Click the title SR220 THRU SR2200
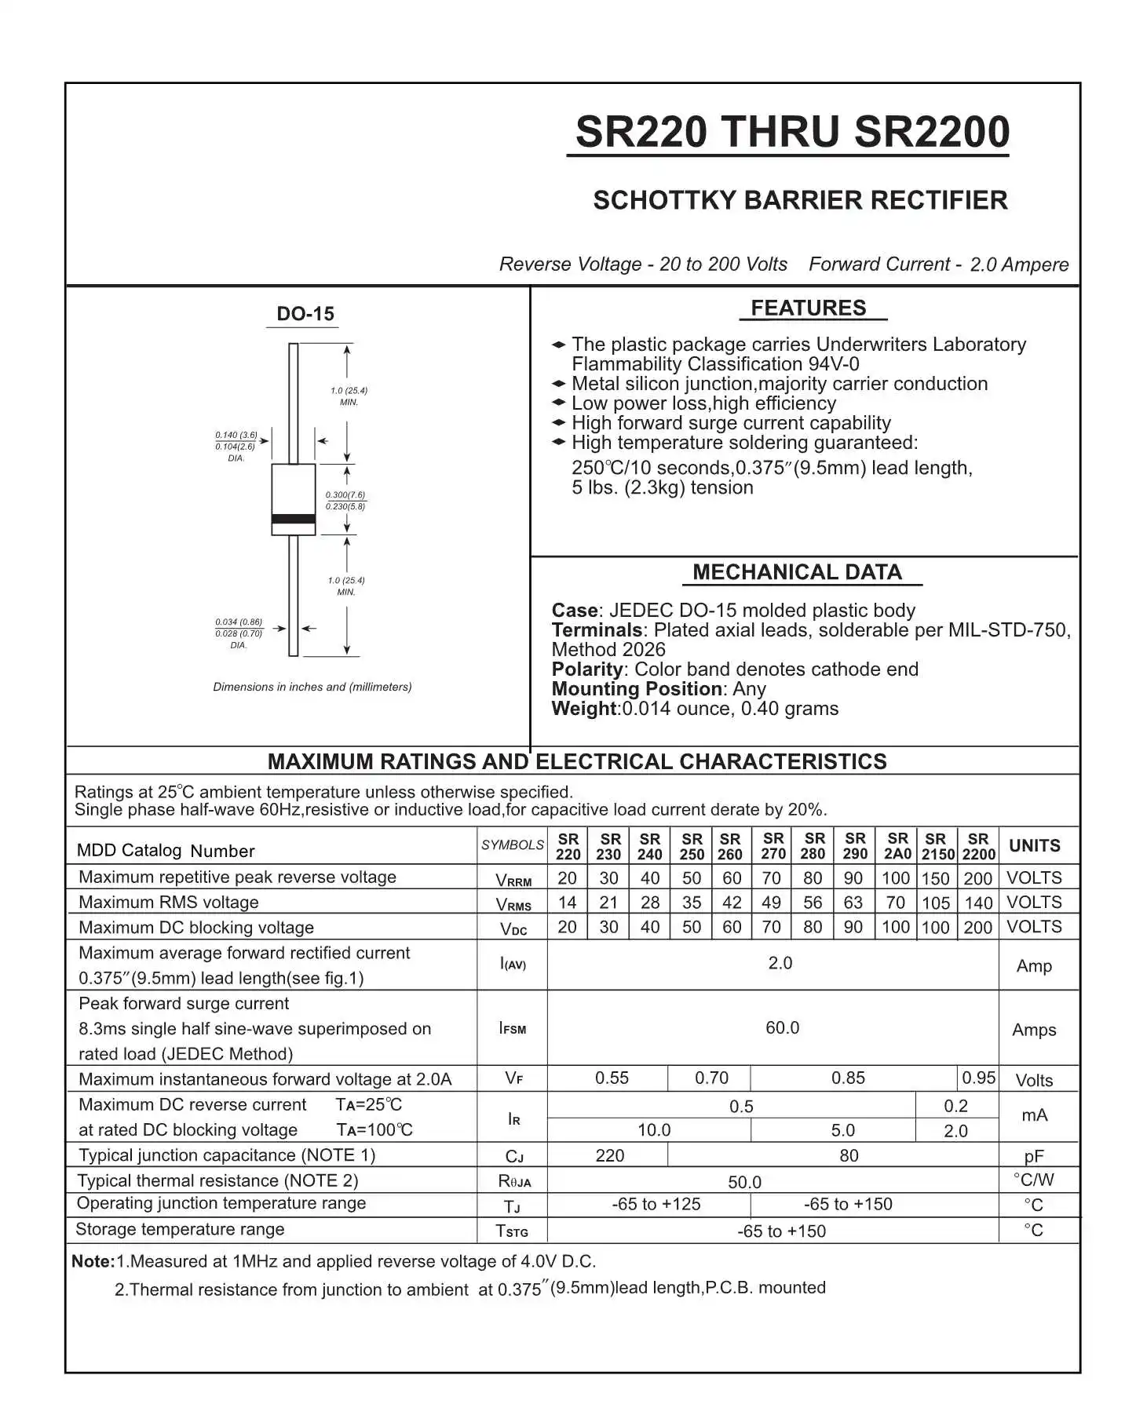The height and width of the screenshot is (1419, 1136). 791,132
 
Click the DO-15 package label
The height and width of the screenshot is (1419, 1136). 305,314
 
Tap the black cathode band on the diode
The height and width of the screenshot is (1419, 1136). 294,519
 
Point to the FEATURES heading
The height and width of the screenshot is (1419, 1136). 809,308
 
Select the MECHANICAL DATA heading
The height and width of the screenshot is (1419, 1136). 797,572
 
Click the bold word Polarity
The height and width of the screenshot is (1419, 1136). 587,669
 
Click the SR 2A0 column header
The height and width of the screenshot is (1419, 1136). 897,846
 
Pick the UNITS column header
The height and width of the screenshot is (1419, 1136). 1034,846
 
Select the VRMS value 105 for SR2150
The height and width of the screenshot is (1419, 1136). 936,903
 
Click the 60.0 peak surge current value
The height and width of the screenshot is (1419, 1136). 782,1028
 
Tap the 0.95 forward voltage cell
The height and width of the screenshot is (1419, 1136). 978,1078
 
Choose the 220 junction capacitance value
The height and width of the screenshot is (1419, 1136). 610,1156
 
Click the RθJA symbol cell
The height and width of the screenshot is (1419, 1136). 514,1181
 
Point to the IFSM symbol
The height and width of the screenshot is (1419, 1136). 513,1028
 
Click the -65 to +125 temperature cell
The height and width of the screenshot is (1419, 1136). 656,1205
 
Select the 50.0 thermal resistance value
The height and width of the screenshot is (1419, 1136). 744,1182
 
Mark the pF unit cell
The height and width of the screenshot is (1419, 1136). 1034,1156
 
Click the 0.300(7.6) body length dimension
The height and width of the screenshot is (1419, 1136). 345,495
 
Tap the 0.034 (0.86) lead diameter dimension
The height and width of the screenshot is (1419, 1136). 239,622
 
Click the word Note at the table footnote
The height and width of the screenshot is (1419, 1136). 93,1262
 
